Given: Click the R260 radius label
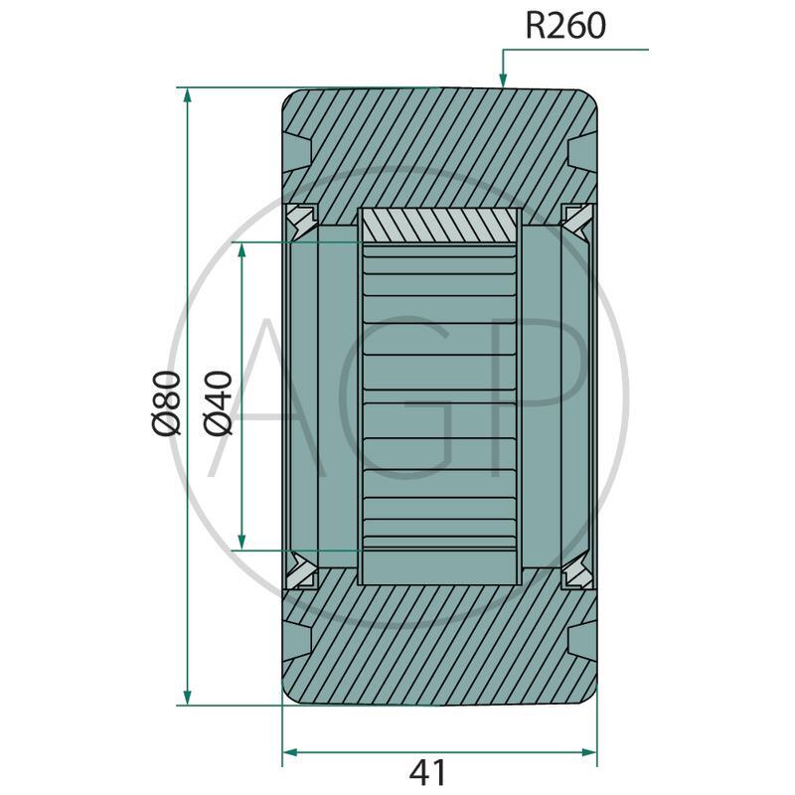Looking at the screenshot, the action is coord(565,26).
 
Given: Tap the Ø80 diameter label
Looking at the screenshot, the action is coord(166,403).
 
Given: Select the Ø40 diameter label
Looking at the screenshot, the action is coord(218,403).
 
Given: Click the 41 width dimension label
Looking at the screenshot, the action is coord(428,773).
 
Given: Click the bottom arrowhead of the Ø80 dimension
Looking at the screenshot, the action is coord(188,697).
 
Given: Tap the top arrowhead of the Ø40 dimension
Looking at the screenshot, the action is coord(241,251).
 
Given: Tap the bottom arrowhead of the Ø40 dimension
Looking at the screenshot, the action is coord(241,542).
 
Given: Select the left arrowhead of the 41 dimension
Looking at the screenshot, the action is coord(290,752).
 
